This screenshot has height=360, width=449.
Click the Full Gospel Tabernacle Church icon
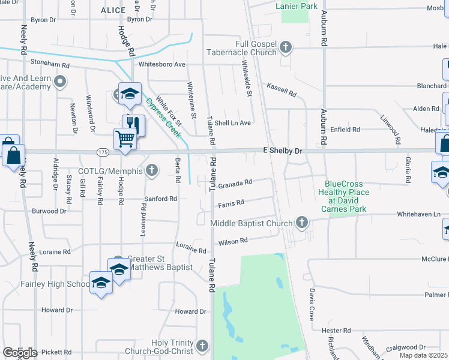coord(286,47)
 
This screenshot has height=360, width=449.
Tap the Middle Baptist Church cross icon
coord(302,223)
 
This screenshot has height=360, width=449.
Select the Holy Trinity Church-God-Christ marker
coord(202,346)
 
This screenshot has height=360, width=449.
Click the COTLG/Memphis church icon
coord(152,170)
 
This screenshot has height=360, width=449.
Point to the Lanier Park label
coord(295,5)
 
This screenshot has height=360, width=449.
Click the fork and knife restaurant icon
coord(133,124)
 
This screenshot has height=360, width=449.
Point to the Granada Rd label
coord(235,184)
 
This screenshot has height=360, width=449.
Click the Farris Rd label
coord(231,204)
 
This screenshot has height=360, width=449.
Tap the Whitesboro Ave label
coord(161,64)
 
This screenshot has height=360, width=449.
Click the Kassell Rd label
coord(282,90)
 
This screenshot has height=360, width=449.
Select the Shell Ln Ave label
coord(232,122)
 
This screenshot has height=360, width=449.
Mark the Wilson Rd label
coord(233,241)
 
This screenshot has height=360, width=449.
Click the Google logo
coord(20,353)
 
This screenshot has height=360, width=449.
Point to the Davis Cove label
coord(312,304)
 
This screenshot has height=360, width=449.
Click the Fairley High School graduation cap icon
coord(101,282)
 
